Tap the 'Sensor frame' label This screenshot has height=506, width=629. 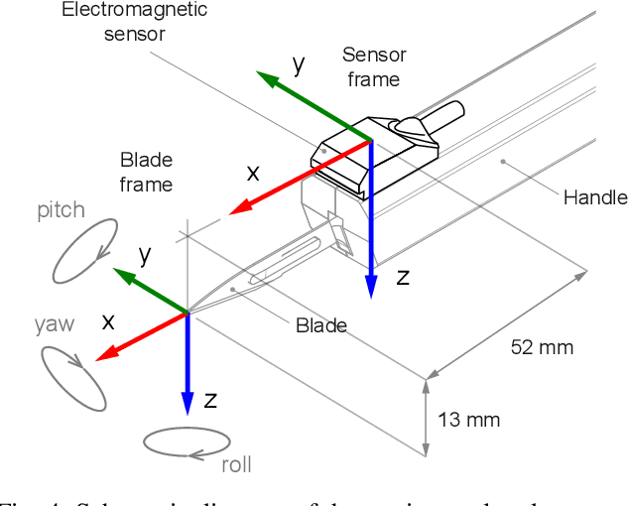tap(373, 66)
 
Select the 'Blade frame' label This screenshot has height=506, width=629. tap(146, 172)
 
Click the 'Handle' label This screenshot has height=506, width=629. tap(595, 197)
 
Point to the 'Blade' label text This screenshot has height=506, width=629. tap(321, 325)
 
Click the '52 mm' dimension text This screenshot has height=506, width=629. tap(542, 347)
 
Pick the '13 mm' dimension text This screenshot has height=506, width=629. tap(469, 420)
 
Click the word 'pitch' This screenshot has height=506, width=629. tap(62, 210)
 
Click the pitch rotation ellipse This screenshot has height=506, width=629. tap(85, 249)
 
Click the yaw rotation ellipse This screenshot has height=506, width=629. tap(73, 377)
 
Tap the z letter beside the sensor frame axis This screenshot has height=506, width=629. tap(402, 278)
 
